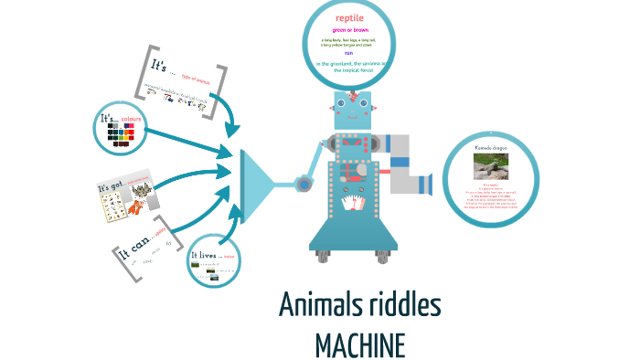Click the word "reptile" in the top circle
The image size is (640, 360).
(349, 17)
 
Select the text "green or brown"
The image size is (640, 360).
(349, 30)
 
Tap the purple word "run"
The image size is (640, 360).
(349, 52)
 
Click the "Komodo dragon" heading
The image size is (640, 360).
(492, 146)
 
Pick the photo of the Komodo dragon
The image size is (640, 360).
(492, 165)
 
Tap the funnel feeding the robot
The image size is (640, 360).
(261, 182)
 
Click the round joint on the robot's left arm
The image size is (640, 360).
(304, 185)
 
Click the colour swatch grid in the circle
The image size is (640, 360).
(121, 136)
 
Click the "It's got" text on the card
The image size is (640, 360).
(110, 188)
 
